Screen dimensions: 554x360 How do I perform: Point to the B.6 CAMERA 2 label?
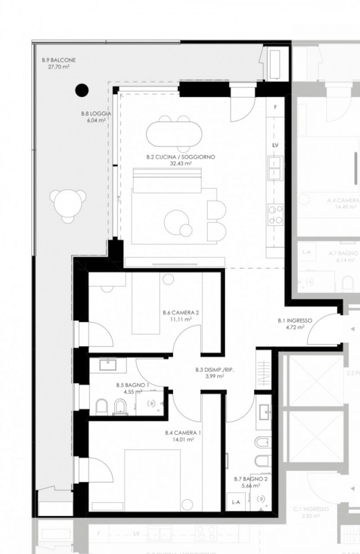[x=181, y=312]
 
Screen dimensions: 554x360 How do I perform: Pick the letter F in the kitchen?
[x=276, y=108]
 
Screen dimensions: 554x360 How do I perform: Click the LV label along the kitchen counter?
[x=275, y=146]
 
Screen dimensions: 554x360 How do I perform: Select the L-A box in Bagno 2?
[x=236, y=502]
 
